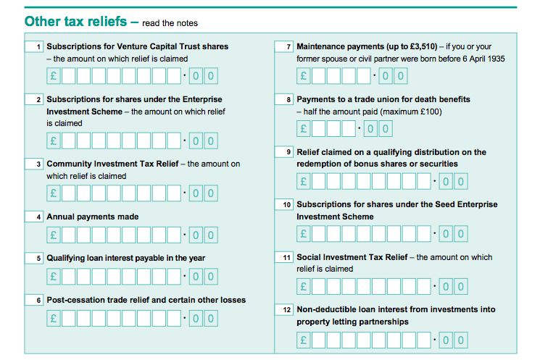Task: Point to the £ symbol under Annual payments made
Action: [53, 235]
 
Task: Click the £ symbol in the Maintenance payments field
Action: [304, 76]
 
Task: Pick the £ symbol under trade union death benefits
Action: [304, 129]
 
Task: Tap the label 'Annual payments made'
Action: [92, 217]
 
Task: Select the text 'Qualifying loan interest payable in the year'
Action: [125, 258]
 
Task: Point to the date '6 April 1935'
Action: [480, 59]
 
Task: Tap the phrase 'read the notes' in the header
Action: [170, 23]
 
